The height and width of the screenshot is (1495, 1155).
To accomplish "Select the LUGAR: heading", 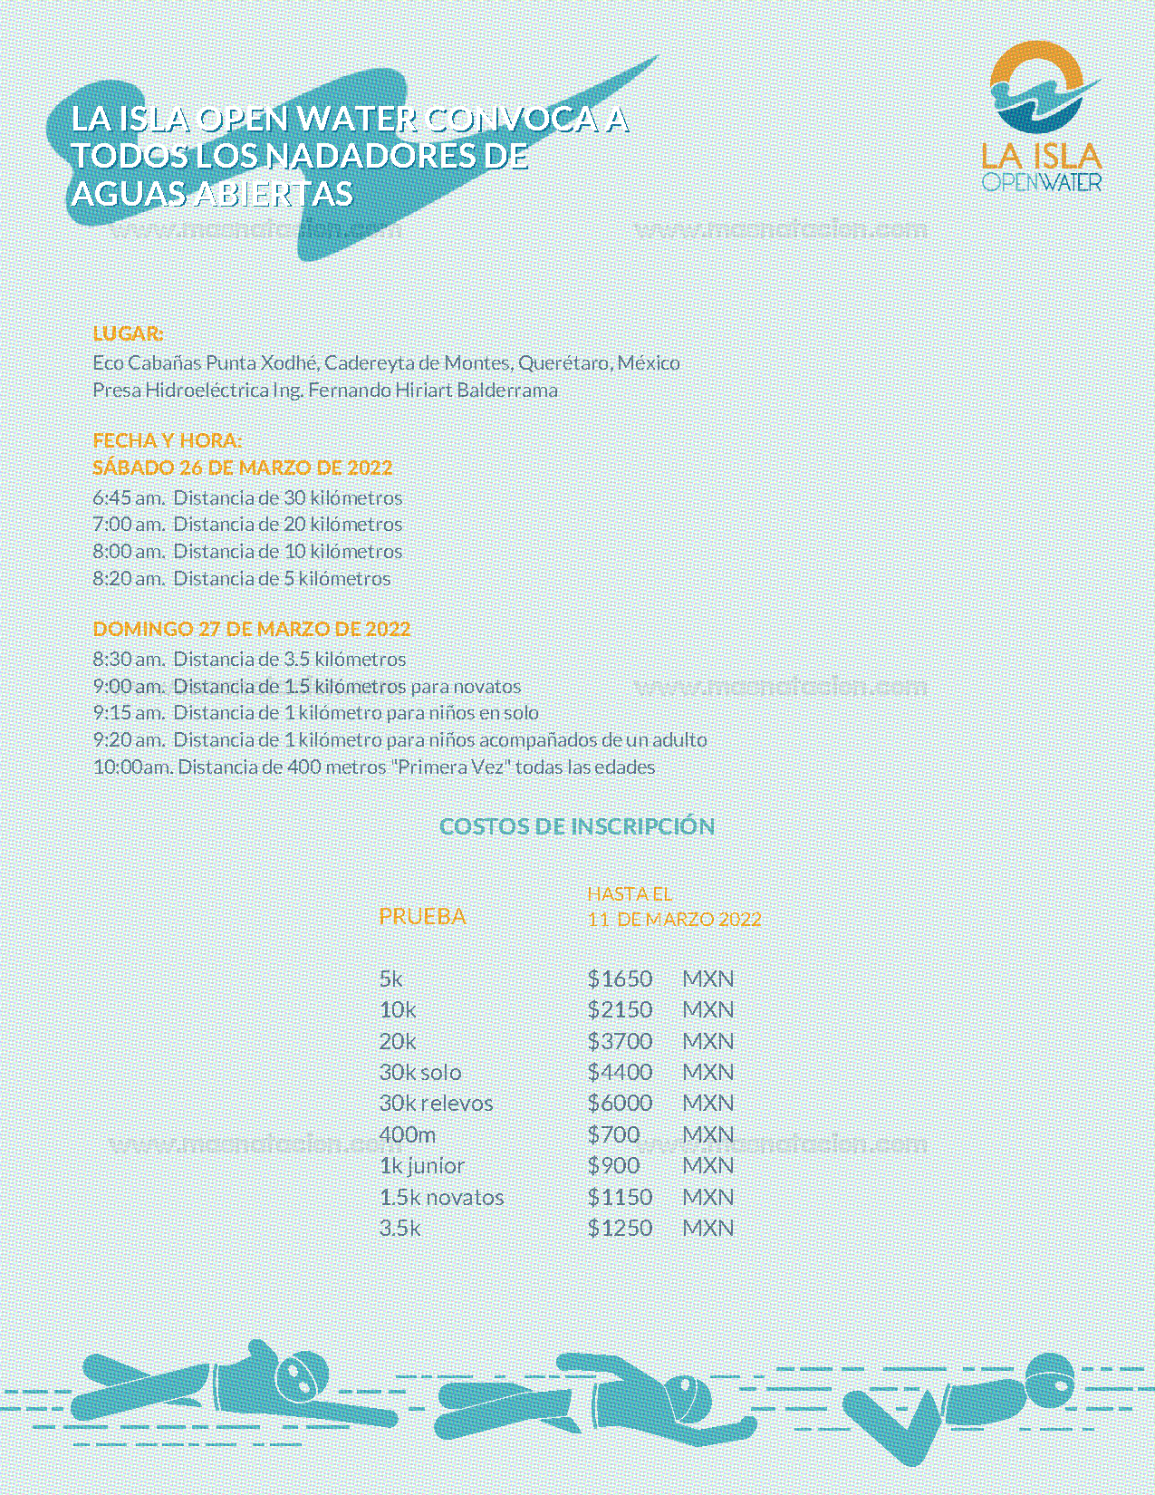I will click(x=128, y=333).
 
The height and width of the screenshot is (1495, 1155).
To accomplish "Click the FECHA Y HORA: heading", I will click(x=167, y=440).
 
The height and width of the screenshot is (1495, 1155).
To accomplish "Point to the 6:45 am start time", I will click(x=128, y=497).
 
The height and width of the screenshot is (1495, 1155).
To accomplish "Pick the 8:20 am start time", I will click(x=128, y=578).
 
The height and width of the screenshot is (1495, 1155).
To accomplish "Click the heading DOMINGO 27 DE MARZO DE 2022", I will click(x=251, y=629).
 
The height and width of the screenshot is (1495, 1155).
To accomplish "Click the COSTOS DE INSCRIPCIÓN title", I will click(x=577, y=826).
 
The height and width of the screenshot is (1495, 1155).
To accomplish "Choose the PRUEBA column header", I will click(x=422, y=916).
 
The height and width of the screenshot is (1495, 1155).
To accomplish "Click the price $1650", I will click(x=620, y=979).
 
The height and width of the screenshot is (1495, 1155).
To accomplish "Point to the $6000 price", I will click(x=620, y=1103).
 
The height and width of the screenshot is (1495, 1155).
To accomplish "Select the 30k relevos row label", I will click(x=436, y=1103).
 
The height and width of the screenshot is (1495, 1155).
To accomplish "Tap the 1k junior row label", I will click(x=421, y=1165).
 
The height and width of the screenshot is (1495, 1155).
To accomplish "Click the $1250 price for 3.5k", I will click(x=620, y=1228).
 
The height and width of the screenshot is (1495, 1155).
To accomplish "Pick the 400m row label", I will click(x=407, y=1134).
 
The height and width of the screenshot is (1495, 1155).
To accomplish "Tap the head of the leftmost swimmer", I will click(x=301, y=1377).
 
